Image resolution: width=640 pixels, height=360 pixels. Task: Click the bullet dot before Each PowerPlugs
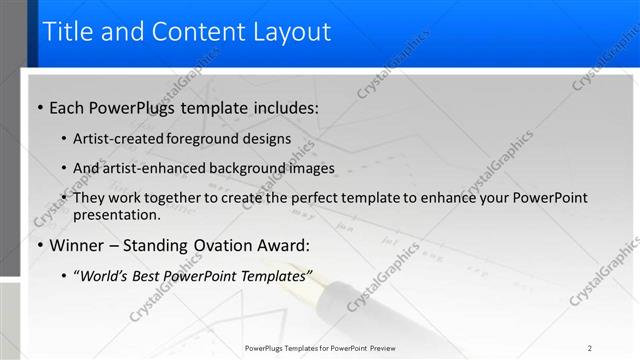[39, 108]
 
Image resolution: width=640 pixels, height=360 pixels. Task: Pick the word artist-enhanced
[152, 169]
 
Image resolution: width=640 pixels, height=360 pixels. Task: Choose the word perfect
[321, 199]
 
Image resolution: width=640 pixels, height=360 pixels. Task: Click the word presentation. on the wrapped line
[117, 215]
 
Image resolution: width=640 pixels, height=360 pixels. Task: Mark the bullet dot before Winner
[39, 245]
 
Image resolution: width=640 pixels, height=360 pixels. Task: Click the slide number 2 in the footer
[590, 348]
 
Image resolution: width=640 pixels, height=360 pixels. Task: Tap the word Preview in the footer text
[378, 348]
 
